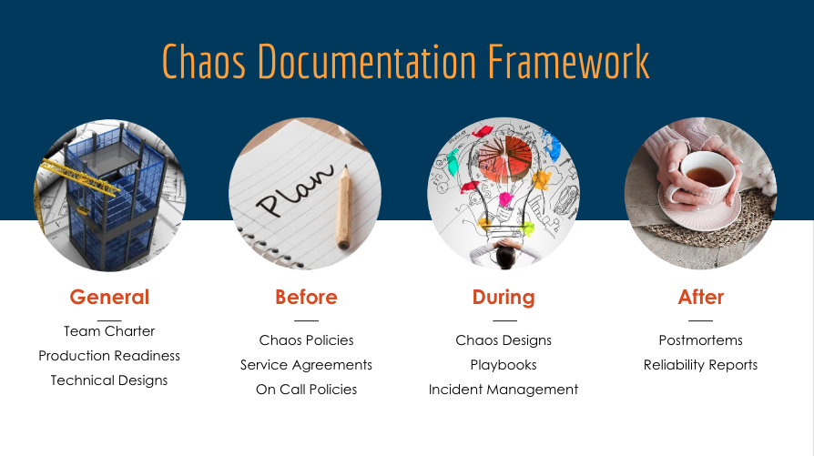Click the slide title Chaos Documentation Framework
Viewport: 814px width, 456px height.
[406, 61]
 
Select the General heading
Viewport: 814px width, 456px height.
[109, 297]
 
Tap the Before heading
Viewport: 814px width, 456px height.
[306, 297]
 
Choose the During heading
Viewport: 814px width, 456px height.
[504, 297]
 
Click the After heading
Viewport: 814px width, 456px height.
[700, 297]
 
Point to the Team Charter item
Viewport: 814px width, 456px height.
[109, 331]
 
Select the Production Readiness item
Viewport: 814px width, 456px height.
[109, 356]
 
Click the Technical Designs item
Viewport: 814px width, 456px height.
[109, 380]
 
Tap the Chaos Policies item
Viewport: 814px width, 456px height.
[306, 340]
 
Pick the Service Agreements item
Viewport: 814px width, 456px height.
[306, 365]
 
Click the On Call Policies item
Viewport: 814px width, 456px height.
[306, 390]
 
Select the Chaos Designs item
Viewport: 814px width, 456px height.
[504, 340]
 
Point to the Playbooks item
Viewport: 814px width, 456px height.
[504, 365]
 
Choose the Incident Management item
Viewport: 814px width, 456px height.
[504, 390]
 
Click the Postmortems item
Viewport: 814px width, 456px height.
[700, 340]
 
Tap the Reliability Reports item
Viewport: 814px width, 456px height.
[700, 365]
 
